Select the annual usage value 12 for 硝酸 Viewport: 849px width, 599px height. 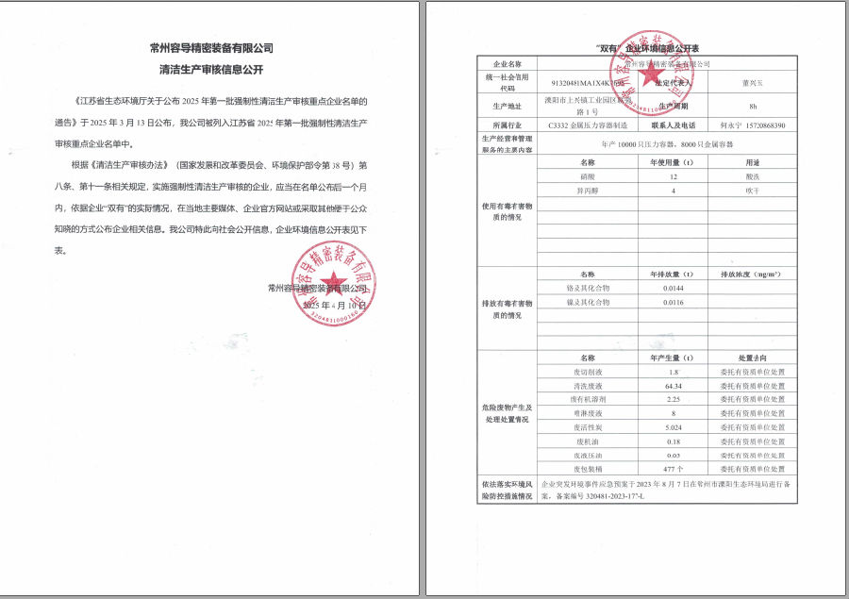(673, 177)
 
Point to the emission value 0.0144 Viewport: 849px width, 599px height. (673, 287)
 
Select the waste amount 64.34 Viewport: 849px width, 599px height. (673, 386)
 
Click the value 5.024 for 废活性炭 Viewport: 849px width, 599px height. (673, 427)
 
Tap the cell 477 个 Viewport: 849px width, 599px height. (673, 468)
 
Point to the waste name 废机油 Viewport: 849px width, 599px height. (588, 441)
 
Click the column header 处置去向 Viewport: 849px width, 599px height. (752, 358)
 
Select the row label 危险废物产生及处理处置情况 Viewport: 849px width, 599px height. (508, 413)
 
